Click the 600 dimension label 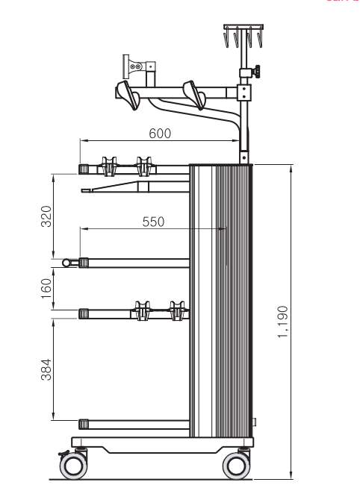160,133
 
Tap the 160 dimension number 46,286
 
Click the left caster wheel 73,466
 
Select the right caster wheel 238,466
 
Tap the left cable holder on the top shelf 107,165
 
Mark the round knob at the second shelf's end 66,262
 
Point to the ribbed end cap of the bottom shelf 84,425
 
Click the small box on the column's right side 255,422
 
